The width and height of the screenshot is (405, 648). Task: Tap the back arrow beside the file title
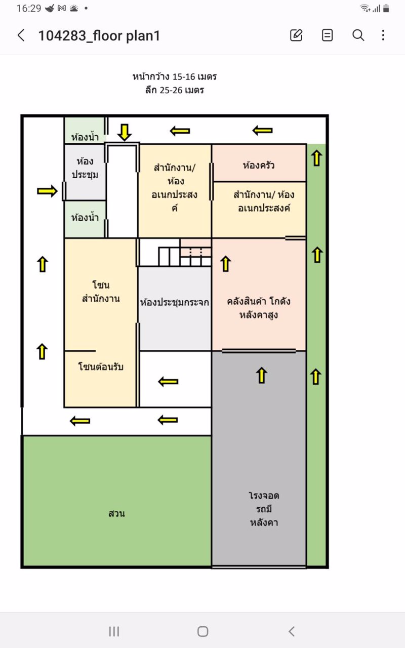21,35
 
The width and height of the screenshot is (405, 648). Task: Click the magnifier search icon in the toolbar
358,35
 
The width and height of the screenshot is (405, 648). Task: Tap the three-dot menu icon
383,35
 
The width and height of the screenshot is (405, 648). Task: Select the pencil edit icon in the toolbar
296,35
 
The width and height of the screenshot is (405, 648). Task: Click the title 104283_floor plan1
99,36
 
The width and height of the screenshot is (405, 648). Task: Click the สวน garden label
116,513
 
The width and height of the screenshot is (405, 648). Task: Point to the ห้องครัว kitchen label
259,165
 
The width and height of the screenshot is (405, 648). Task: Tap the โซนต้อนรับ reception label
101,367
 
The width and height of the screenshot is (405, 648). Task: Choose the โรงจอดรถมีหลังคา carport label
264,508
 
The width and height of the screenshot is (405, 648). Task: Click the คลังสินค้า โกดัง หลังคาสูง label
259,308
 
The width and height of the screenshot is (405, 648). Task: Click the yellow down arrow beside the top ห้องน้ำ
125,132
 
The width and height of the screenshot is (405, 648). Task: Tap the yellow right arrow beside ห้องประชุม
47,191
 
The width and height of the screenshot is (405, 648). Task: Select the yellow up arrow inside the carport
261,375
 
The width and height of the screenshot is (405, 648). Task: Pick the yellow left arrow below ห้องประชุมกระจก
168,382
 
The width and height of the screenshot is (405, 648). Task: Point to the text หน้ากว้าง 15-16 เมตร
175,77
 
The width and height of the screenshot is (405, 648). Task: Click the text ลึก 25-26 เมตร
174,90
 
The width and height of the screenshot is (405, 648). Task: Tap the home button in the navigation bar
202,631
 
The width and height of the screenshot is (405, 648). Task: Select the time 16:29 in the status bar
28,8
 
